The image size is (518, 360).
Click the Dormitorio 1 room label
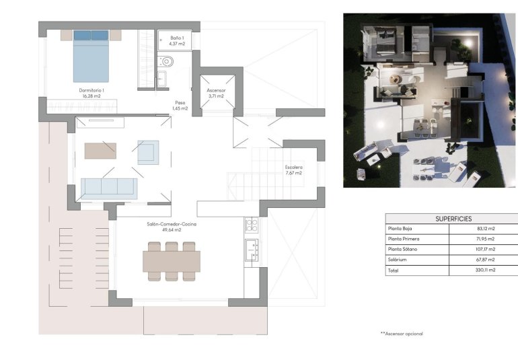(91, 93)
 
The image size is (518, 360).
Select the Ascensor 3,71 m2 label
(216, 93)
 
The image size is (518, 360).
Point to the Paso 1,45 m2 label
(180, 106)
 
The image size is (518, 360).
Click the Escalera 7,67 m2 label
(293, 170)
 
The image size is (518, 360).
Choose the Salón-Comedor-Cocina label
(172, 227)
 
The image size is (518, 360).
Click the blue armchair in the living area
(148, 152)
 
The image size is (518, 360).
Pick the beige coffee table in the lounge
(100, 150)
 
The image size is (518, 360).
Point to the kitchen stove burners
(252, 225)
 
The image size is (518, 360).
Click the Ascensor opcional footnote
(402, 333)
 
